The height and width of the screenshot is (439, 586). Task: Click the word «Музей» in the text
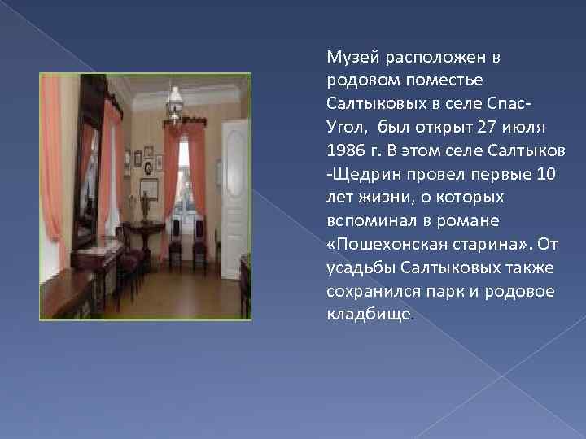pyautogui.click(x=345, y=57)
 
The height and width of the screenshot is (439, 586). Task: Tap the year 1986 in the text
pyautogui.click(x=343, y=150)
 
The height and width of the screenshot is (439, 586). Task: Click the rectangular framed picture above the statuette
pyautogui.click(x=147, y=189)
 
